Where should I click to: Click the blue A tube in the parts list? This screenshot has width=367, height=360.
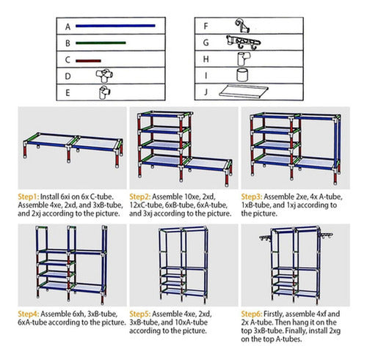pos(115,26)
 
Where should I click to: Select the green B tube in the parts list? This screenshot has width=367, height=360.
pos(101,43)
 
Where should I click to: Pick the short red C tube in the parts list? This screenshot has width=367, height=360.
pos(88,61)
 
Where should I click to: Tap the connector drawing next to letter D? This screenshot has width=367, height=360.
pos(104,76)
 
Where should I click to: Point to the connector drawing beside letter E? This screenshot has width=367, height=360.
pos(104,92)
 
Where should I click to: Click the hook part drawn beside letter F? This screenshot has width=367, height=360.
pos(242,26)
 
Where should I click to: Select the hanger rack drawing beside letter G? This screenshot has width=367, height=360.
pos(243,43)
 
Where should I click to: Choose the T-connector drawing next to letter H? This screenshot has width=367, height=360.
pos(244,59)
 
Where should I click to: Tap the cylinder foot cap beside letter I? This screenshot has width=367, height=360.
pos(242,75)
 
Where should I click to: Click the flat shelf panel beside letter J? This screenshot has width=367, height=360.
pos(244,91)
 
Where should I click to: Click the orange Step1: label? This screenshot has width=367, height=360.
pos(29,196)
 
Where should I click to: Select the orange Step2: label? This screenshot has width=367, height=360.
pos(140,196)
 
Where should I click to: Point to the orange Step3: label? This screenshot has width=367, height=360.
pos(252,196)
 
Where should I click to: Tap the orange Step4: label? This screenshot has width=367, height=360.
pos(29,314)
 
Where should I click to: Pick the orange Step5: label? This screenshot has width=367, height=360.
pos(140,314)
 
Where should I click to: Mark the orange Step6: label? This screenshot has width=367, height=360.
pos(252,314)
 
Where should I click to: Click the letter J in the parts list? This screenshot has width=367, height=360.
pos(206,92)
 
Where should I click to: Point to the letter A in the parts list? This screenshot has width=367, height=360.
pos(68,26)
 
